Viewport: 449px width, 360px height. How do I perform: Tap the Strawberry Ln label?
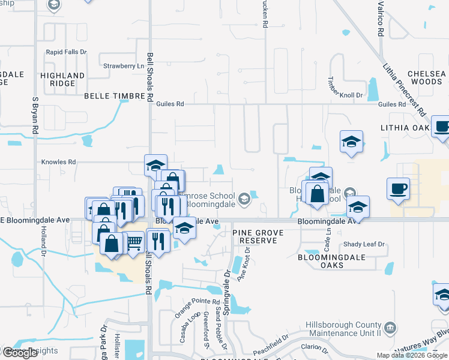pyautogui.click(x=124, y=66)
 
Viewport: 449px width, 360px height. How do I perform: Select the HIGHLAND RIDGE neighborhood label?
pyautogui.click(x=62, y=80)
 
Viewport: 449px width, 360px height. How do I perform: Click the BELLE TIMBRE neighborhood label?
pyautogui.click(x=112, y=96)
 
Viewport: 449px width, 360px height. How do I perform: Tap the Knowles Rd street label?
pyautogui.click(x=58, y=162)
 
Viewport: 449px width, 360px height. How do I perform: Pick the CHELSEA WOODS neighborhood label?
pyautogui.click(x=426, y=77)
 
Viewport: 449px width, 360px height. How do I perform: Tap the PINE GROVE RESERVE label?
pyautogui.click(x=258, y=236)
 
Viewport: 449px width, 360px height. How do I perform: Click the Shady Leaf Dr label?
pyautogui.click(x=364, y=244)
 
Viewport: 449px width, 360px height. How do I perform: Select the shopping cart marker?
pyautogui.click(x=134, y=242)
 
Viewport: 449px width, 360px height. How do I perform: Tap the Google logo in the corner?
pyautogui.click(x=20, y=353)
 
